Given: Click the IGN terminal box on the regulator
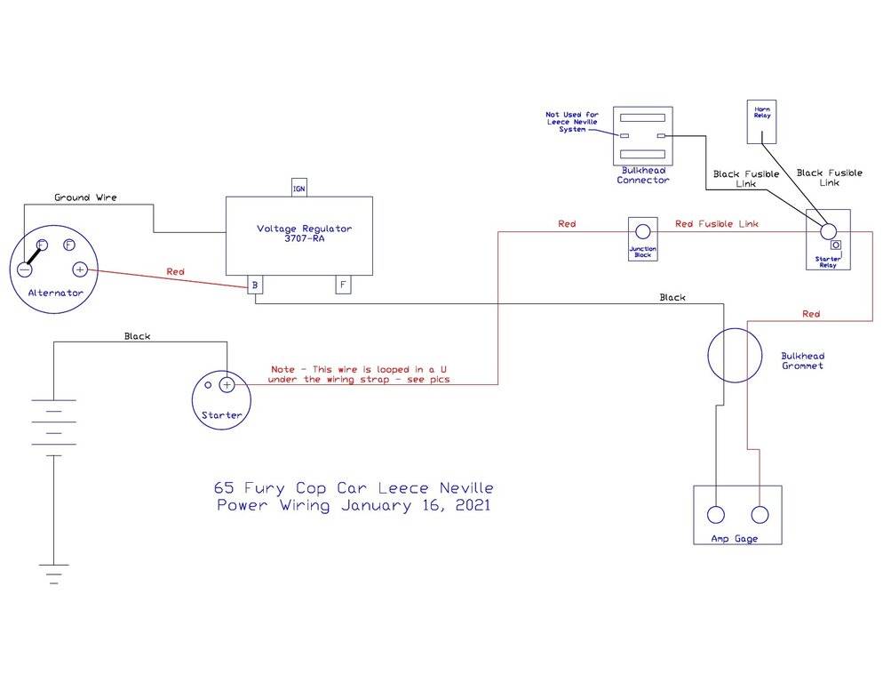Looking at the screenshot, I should (299, 188).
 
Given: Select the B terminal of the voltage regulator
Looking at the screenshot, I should (255, 285).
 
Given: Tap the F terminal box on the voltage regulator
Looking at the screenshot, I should (342, 285).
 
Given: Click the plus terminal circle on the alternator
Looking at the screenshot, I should (80, 269).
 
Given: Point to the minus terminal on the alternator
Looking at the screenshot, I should (26, 269).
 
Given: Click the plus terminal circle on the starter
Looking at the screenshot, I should (227, 384).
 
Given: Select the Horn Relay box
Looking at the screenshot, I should (761, 121).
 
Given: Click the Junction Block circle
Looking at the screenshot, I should (642, 230).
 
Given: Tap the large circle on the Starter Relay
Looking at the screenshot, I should (828, 229).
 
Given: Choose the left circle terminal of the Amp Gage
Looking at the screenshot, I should (716, 514).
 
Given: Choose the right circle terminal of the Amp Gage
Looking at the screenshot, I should (760, 514).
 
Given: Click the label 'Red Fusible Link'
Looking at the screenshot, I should (717, 224).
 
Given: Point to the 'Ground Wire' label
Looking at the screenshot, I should (85, 197).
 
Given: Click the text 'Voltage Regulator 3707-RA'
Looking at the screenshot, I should (304, 234).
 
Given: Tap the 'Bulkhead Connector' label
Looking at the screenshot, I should (642, 174).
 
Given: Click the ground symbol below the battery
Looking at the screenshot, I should (54, 573).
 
